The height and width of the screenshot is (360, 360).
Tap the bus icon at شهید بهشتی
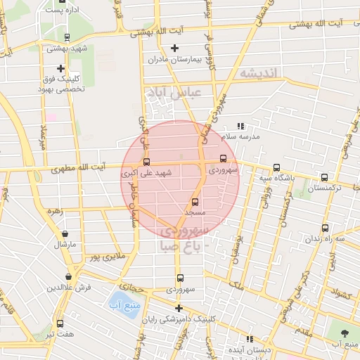click(66, 38)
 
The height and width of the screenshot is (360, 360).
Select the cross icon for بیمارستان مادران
click(175, 48)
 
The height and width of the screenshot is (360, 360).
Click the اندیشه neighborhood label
click(259, 73)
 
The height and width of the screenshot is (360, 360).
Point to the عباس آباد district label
click(173, 92)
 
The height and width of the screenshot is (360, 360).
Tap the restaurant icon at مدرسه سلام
click(240, 126)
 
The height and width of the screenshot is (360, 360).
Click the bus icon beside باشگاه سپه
click(276, 168)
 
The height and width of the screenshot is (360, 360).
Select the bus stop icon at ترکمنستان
click(324, 178)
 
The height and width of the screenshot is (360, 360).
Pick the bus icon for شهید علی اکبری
click(146, 162)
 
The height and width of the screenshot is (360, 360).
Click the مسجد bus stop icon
click(195, 202)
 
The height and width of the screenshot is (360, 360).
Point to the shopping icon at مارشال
click(65, 233)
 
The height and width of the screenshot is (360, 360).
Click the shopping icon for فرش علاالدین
click(68, 277)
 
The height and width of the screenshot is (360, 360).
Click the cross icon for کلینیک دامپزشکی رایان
click(179, 308)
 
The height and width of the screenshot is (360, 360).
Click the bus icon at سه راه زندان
click(325, 228)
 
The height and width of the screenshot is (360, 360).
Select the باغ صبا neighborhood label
click(182, 246)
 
